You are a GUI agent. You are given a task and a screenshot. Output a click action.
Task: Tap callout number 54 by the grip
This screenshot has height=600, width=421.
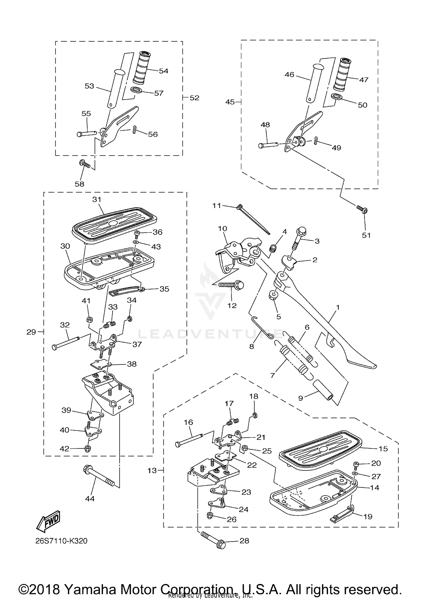click(163, 71)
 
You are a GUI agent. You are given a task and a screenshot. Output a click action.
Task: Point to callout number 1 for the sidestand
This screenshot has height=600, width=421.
click(338, 307)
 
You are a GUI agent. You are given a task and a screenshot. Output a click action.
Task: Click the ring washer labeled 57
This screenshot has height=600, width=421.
click(136, 90)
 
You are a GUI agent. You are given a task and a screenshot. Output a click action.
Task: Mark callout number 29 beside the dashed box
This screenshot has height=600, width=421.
click(31, 332)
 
